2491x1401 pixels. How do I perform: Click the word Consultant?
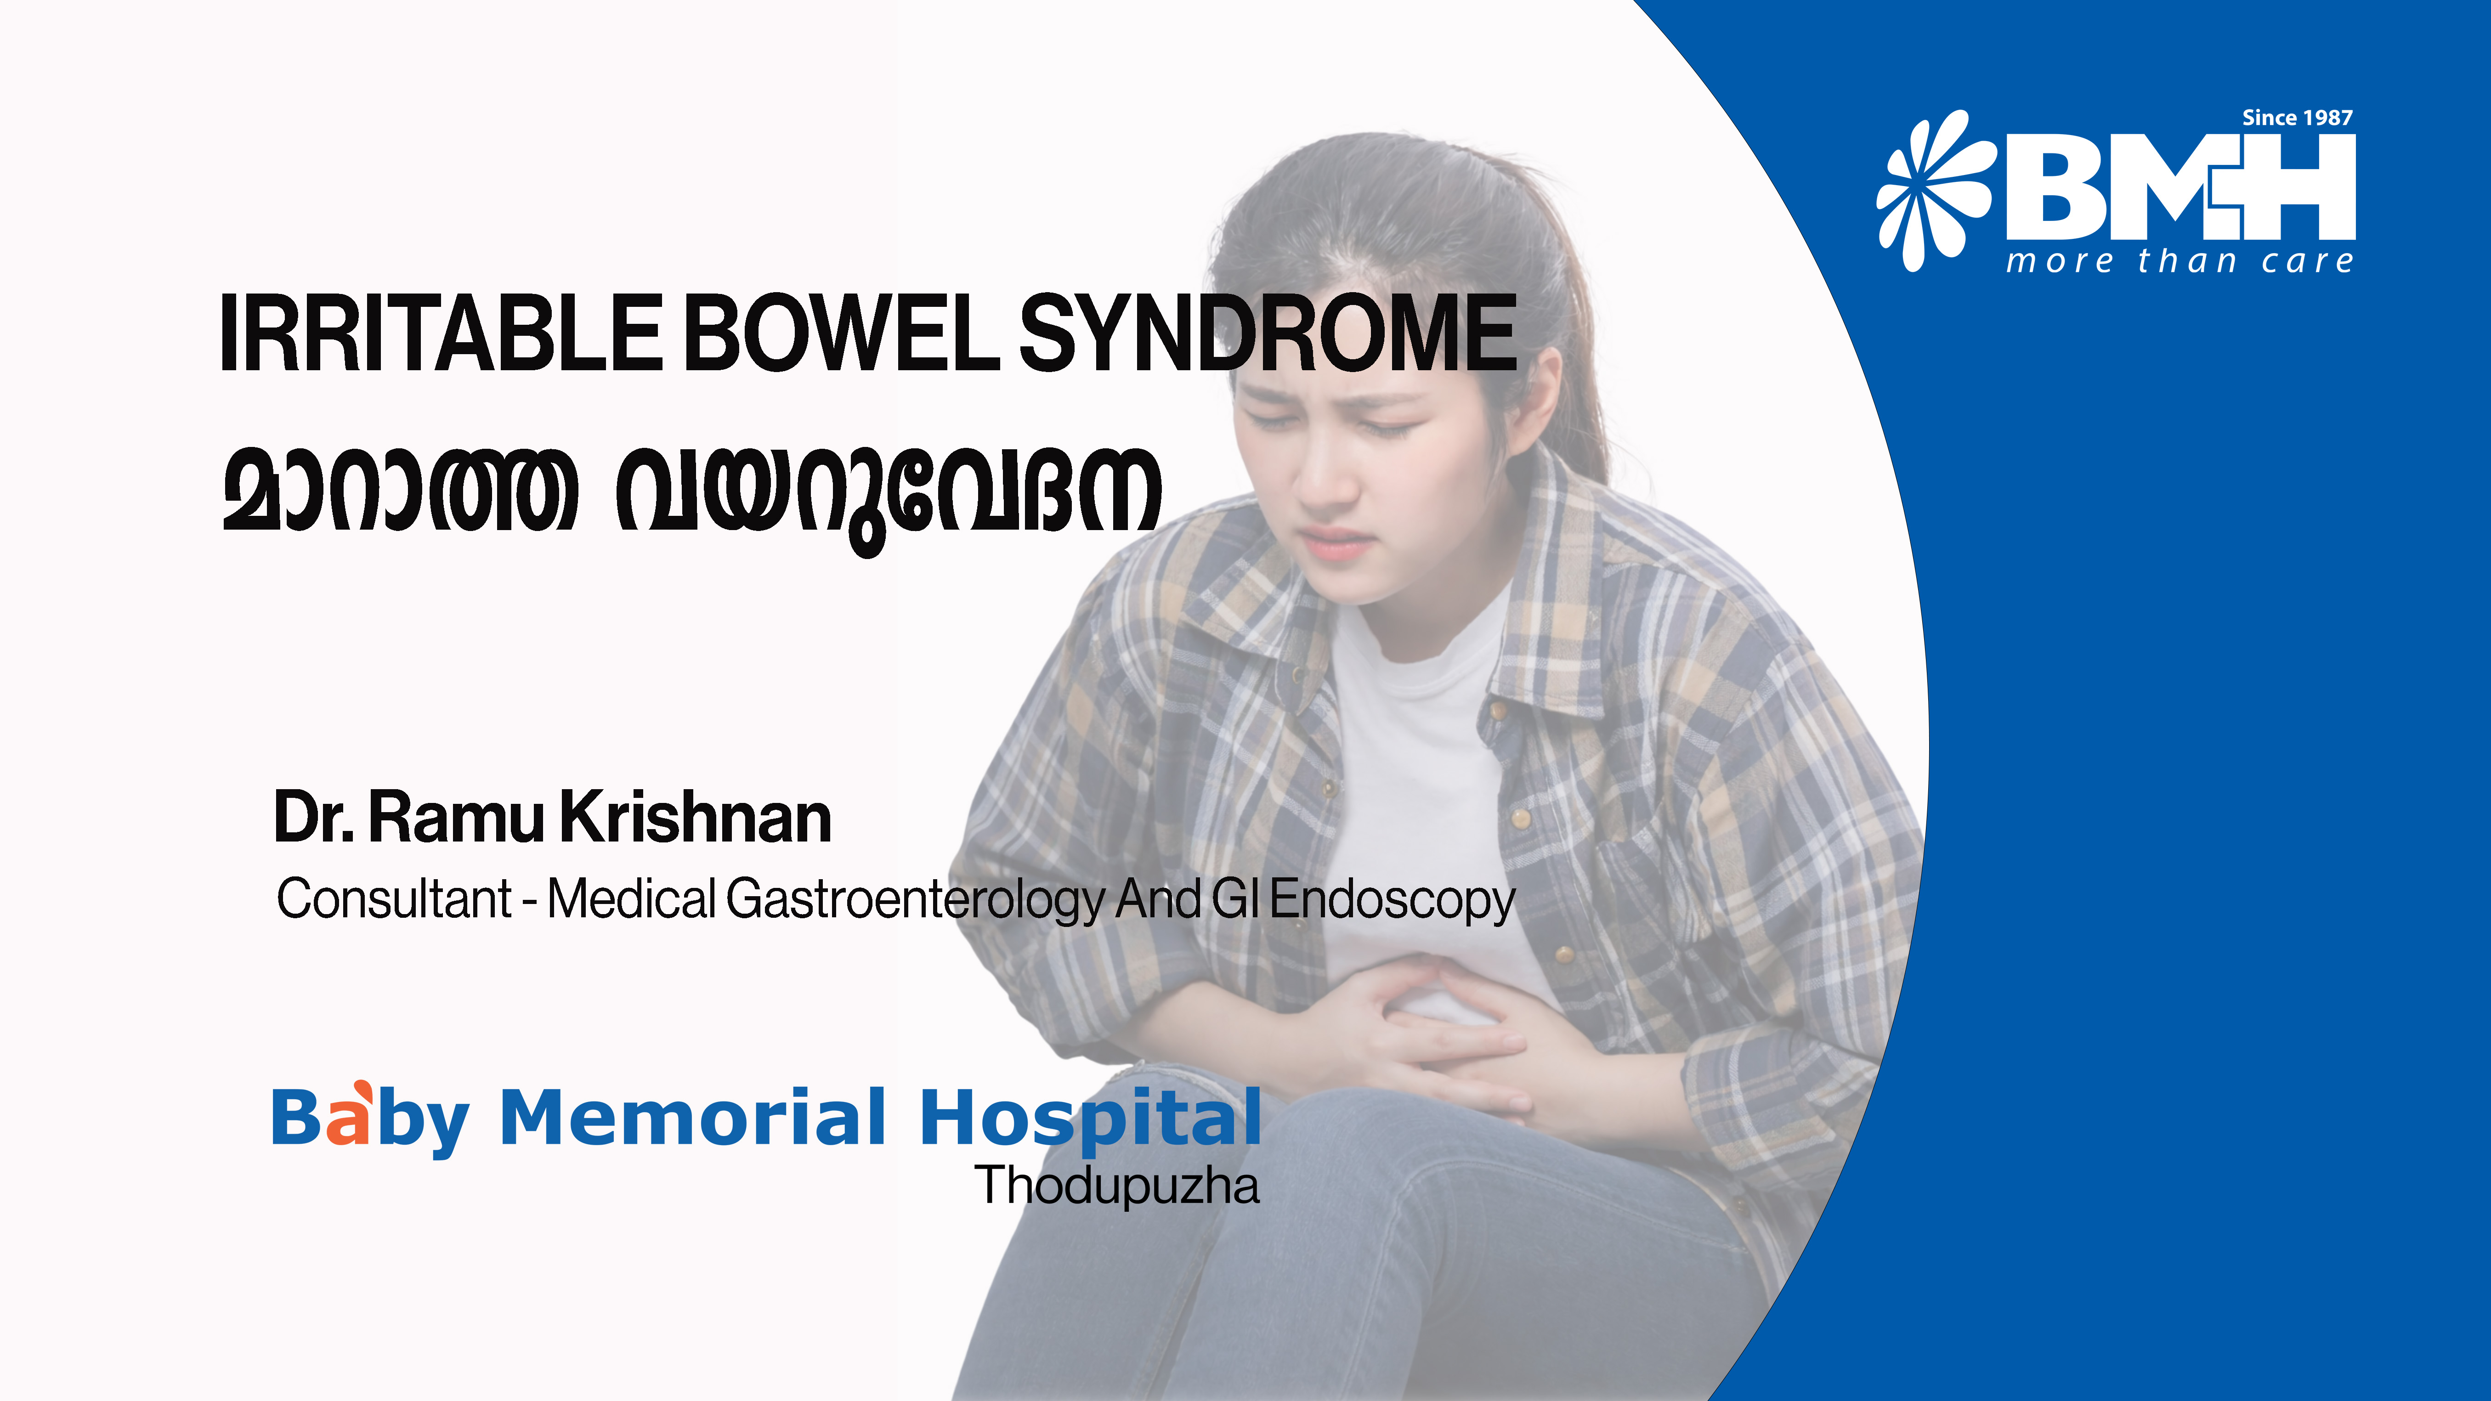394,899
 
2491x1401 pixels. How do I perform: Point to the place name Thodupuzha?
1117,1186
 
